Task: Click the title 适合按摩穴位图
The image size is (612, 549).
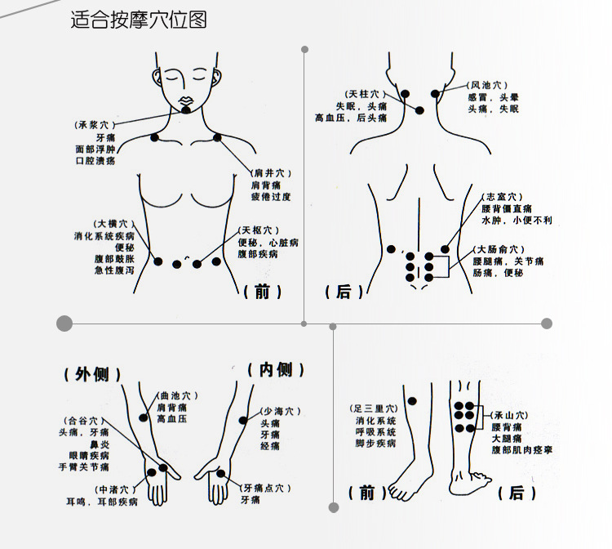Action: click(139, 20)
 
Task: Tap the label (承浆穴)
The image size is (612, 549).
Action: click(95, 125)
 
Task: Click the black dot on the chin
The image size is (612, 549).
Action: click(186, 110)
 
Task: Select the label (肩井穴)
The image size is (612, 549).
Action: click(271, 172)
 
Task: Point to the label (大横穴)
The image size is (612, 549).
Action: click(114, 224)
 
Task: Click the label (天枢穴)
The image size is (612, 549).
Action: click(259, 230)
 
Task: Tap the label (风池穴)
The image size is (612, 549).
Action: click(487, 85)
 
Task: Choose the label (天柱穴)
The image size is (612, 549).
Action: click(366, 94)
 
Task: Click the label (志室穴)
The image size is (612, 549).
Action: click(502, 197)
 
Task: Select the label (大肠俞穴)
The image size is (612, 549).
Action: click(499, 249)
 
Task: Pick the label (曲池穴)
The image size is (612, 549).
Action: click(178, 396)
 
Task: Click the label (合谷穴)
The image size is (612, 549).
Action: click(84, 421)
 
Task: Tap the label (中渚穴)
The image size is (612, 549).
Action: click(116, 489)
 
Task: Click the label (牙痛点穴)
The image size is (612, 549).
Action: click(266, 488)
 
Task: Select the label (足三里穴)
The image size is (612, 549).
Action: click(374, 408)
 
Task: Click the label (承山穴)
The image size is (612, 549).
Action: click(509, 415)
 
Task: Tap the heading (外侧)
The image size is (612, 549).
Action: click(92, 375)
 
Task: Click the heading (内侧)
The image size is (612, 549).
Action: click(276, 370)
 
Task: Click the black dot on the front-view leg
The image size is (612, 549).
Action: click(412, 401)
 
